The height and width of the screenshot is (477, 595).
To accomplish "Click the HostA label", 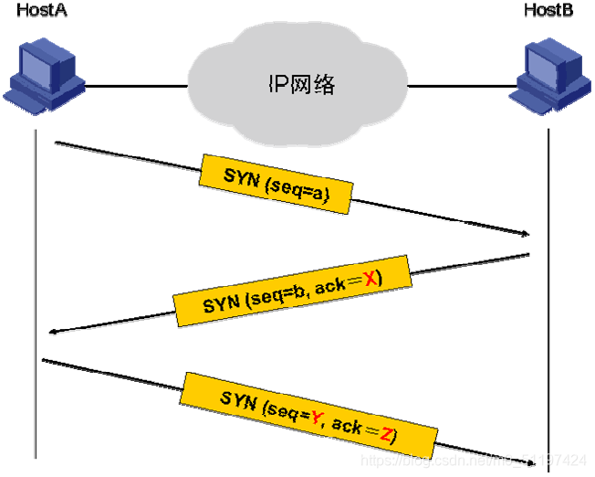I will [37, 10].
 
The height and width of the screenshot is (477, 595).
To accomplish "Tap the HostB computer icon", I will [548, 78].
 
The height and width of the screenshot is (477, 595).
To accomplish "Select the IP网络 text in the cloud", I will [300, 85].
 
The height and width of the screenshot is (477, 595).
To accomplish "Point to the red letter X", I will [370, 281].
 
